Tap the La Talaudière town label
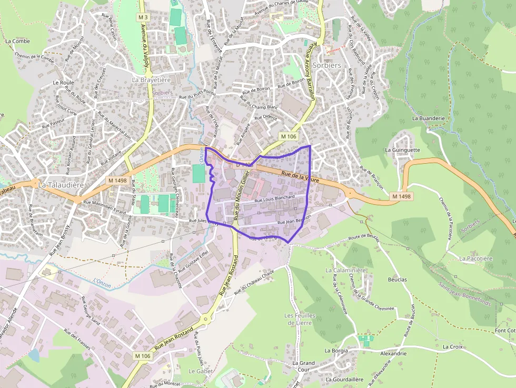click(x=61, y=185)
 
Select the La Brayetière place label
click(x=151, y=79)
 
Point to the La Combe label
click(x=17, y=41)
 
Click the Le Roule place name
click(x=63, y=83)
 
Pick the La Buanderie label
click(x=429, y=118)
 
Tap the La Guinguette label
click(x=402, y=150)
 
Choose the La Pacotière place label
click(x=475, y=258)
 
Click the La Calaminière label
click(x=345, y=270)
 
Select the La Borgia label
click(x=336, y=351)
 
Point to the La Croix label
click(x=452, y=347)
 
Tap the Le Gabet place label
click(x=200, y=371)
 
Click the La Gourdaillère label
click(x=344, y=379)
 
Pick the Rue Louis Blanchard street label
click(x=274, y=199)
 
